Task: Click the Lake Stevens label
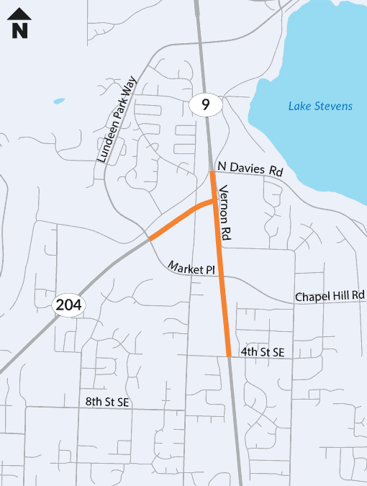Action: point(320,107)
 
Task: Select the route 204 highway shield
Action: point(70,305)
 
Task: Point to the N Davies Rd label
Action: point(250,169)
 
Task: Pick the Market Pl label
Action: point(192,268)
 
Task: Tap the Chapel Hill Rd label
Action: point(330,296)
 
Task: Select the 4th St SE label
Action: point(263,352)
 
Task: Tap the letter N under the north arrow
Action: point(20,30)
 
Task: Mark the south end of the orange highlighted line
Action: point(228,355)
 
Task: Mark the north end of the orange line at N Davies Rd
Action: point(213,173)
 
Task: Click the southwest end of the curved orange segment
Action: point(150,238)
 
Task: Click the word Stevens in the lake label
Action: point(332,107)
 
